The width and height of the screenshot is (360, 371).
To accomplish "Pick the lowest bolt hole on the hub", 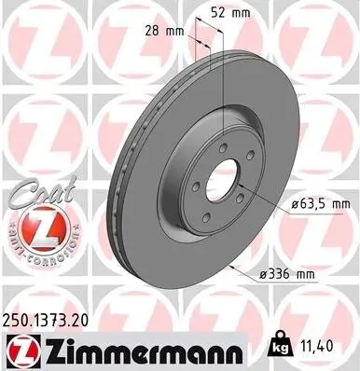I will point(207,217).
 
